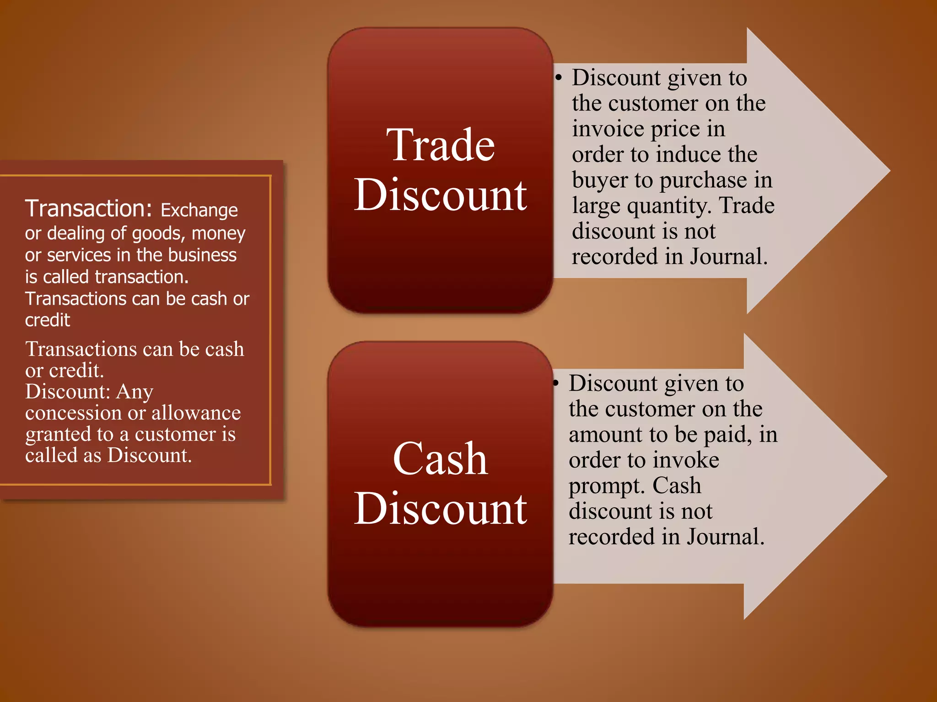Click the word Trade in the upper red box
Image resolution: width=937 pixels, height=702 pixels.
440,145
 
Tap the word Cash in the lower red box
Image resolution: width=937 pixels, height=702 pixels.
440,459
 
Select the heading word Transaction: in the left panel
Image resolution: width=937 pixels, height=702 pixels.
88,208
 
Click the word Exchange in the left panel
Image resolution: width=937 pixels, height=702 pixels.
199,210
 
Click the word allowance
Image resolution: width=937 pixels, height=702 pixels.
196,413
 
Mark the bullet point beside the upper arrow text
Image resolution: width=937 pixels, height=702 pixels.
558,78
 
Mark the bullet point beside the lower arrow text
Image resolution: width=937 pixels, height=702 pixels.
555,383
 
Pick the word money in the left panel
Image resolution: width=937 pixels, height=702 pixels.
218,234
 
